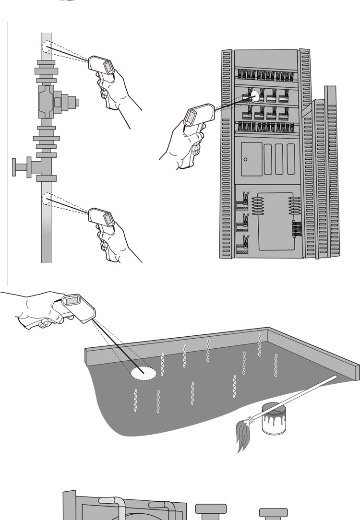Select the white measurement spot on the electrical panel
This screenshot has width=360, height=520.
255,96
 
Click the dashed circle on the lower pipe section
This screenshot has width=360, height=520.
47,198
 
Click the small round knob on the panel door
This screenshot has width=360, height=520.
245,159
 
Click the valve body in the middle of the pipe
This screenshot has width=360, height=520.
46,102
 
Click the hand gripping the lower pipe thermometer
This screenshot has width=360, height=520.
113,242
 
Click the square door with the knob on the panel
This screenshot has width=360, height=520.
252,159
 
